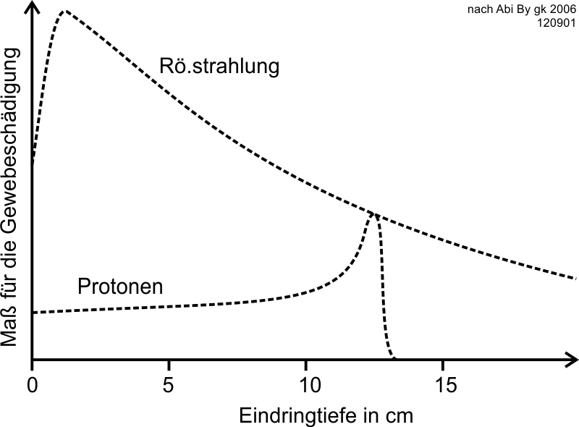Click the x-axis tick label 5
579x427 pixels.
(169, 383)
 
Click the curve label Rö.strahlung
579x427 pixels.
(219, 67)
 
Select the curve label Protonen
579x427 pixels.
(120, 287)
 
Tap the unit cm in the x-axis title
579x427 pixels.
(400, 415)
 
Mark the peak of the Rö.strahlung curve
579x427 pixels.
(64, 12)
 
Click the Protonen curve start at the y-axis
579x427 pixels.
(33, 313)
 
